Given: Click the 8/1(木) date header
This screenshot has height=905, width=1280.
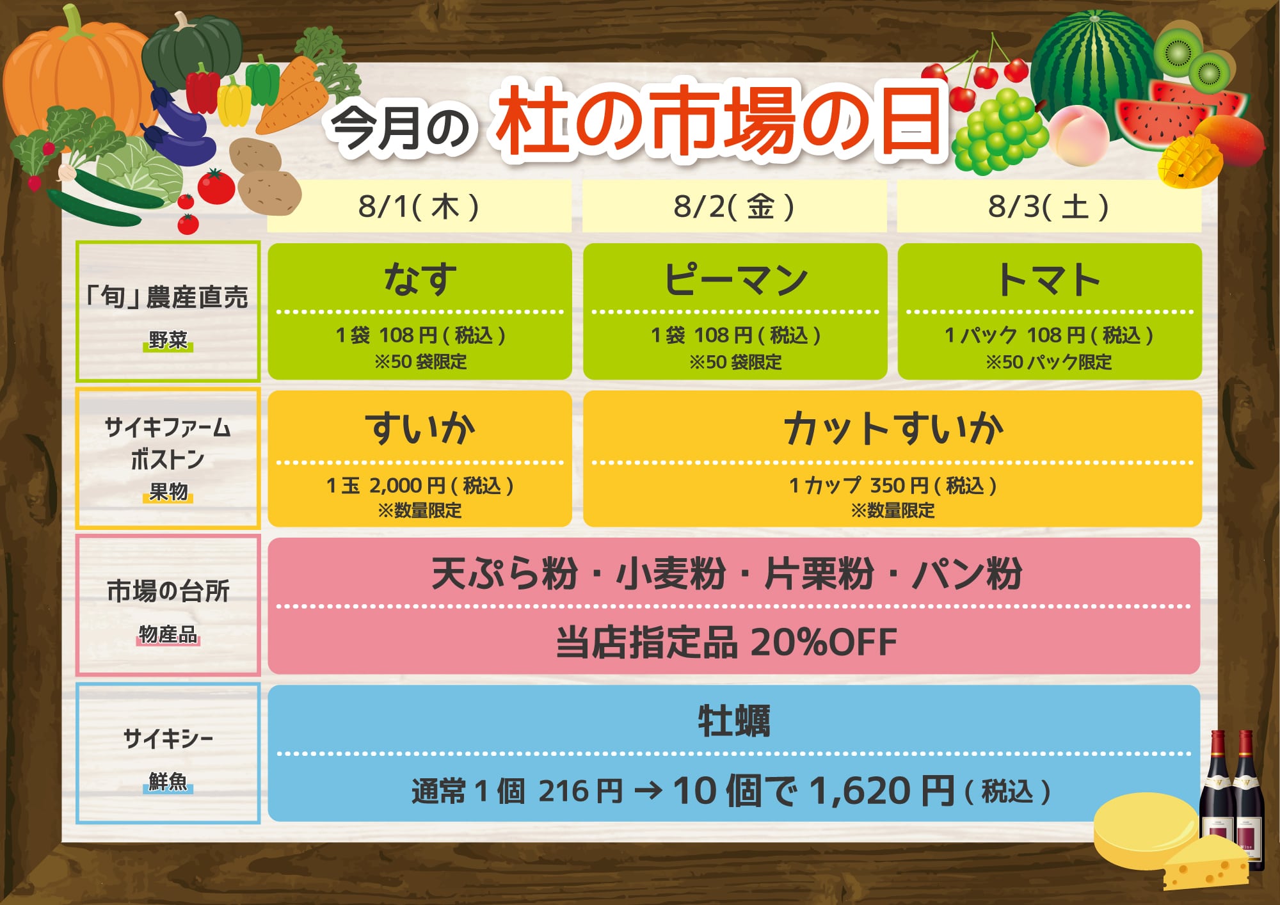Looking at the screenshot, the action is (419, 207).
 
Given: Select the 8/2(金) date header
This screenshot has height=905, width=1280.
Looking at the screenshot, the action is (733, 207).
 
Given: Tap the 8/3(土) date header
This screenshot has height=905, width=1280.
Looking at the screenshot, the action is (1048, 207).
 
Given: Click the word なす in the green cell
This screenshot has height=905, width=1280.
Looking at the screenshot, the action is (420, 279).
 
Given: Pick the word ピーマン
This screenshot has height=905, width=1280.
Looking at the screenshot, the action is (735, 279).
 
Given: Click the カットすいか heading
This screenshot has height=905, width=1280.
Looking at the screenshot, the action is (893, 428).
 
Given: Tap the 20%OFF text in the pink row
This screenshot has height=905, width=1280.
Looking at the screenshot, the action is (824, 643).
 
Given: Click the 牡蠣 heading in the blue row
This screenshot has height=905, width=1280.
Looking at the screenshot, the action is (734, 721).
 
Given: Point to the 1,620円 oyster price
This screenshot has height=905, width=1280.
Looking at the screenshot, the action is (883, 791).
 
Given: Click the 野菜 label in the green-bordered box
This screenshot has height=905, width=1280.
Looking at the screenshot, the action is (168, 340).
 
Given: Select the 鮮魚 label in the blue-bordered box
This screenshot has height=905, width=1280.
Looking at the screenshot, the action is (168, 781).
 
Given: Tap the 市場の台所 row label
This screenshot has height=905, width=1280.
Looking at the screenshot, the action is (168, 591).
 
